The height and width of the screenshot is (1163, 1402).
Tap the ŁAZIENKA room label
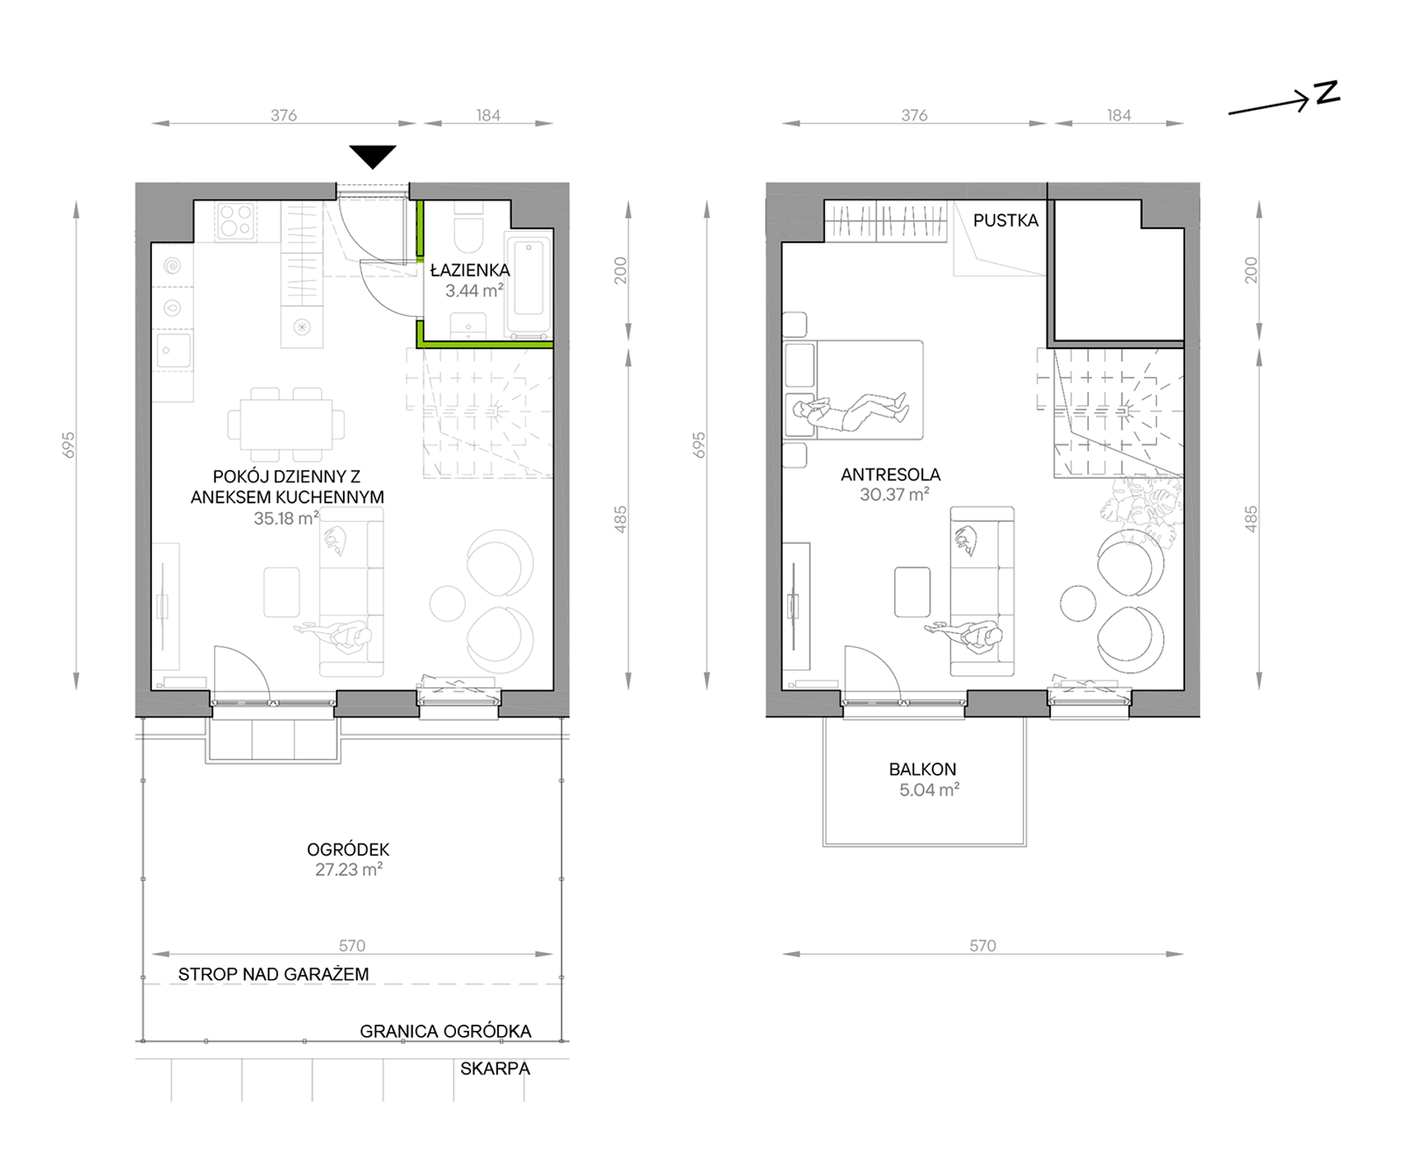[x=470, y=270]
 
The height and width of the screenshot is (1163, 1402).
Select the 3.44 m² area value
[x=474, y=291]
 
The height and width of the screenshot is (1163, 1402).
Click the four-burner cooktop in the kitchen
[x=236, y=221]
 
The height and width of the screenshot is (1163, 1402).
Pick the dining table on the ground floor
[x=286, y=425]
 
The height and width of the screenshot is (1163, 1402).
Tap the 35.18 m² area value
[x=286, y=518]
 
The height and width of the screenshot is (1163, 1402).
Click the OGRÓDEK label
[x=348, y=849]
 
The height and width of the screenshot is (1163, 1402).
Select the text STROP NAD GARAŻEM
[x=274, y=974]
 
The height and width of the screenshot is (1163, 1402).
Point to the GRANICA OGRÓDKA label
[x=446, y=1031]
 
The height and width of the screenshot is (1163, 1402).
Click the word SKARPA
[x=495, y=1069]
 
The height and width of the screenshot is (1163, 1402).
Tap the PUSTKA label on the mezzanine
[x=1006, y=220]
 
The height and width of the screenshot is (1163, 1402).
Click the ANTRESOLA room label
[x=891, y=474]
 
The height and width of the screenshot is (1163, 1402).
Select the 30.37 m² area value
[x=894, y=494]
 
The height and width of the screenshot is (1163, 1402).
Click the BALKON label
[x=922, y=769]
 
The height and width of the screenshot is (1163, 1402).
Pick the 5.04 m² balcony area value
[x=929, y=790]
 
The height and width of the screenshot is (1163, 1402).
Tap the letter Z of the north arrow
[x=1327, y=94]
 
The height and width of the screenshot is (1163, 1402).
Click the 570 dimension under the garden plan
[x=352, y=945]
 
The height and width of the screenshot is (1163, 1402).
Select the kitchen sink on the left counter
[x=174, y=351]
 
